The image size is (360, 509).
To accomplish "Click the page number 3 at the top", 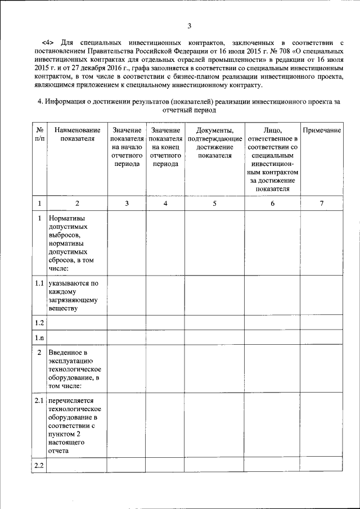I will [190, 26].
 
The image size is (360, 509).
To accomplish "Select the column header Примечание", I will [322, 130].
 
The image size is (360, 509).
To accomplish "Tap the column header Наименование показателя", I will [78, 134].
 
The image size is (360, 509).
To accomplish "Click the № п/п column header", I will [39, 134].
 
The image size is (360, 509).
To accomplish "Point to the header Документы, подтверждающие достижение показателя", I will [215, 143].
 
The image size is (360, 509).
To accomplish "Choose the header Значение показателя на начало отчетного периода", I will [127, 147].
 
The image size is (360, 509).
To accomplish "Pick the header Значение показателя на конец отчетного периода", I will [165, 147].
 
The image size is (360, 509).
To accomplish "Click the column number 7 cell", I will [322, 203].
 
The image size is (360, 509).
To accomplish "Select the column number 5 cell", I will [215, 203].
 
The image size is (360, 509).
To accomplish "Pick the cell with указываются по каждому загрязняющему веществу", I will [73, 296].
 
